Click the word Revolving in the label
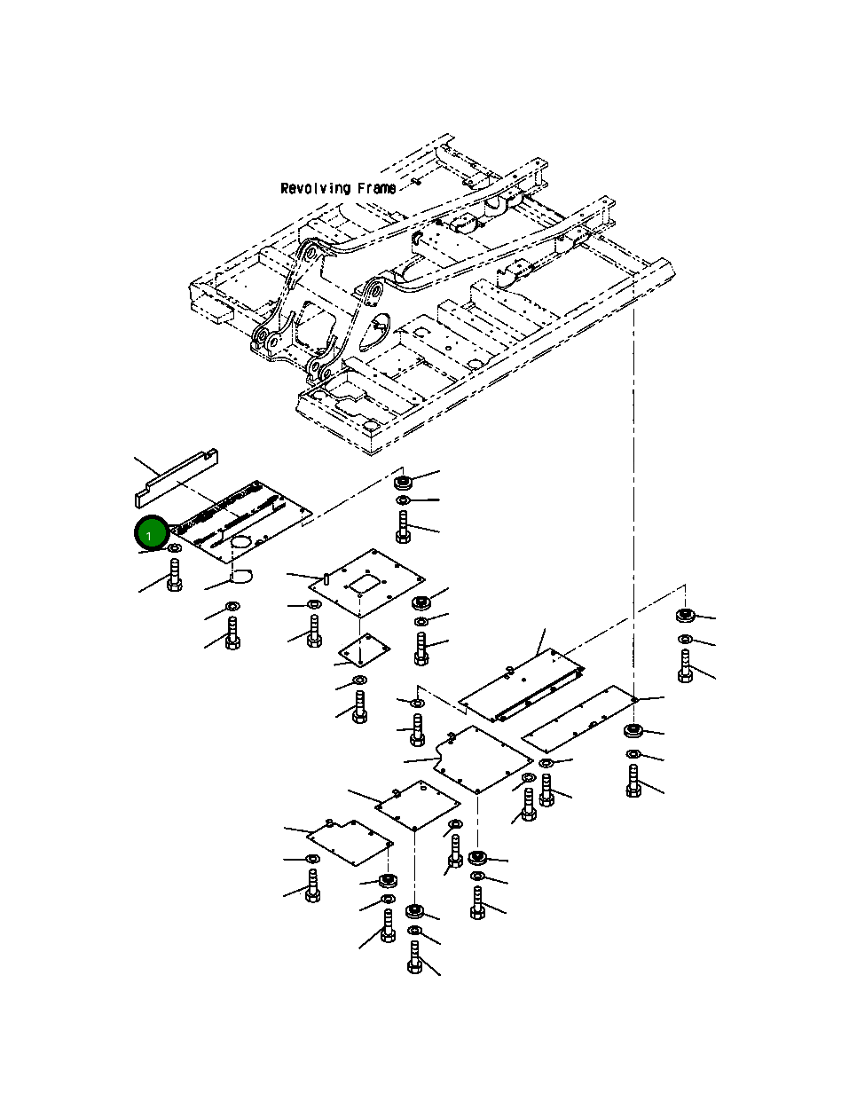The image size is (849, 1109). click(314, 189)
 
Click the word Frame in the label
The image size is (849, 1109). click(377, 189)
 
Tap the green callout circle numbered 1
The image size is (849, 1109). click(150, 534)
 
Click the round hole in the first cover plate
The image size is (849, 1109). click(243, 542)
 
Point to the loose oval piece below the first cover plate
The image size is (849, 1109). click(240, 577)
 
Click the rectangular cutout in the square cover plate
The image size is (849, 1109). click(364, 585)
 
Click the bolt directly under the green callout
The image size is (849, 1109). click(175, 576)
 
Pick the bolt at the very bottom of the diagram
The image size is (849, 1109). click(414, 958)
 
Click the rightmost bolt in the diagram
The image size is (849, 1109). click(685, 665)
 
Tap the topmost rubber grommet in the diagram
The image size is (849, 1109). click(403, 483)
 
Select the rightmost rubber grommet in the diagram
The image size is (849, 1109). click(684, 616)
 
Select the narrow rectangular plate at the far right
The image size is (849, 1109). click(581, 719)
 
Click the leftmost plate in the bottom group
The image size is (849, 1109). click(350, 841)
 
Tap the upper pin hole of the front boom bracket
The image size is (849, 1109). click(372, 290)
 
